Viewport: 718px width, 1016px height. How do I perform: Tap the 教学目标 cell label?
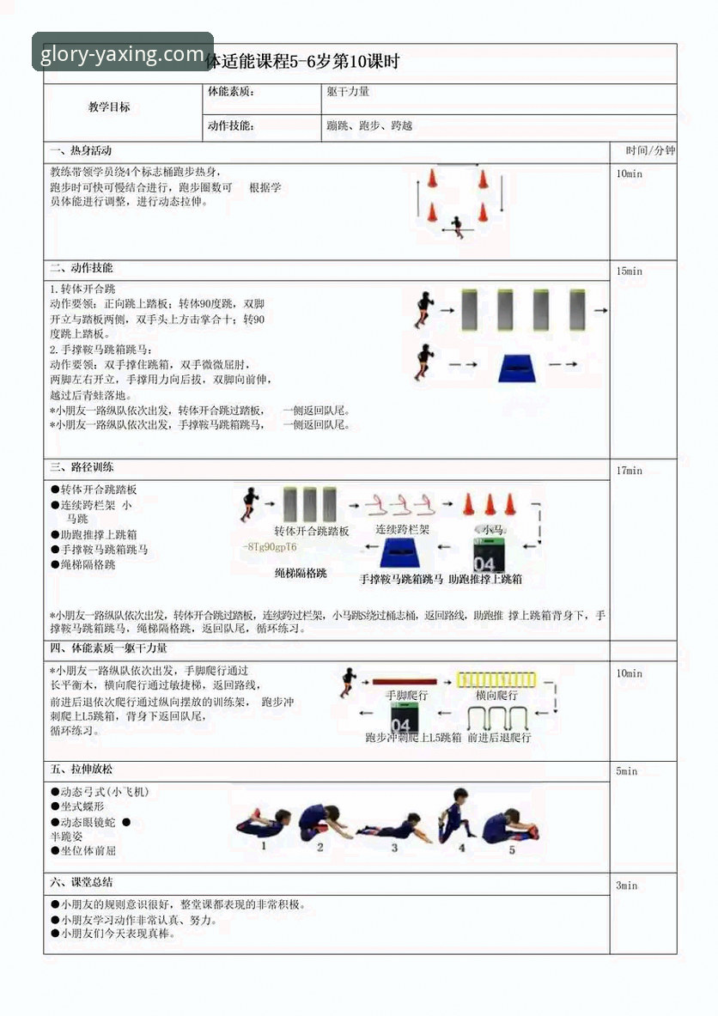109,107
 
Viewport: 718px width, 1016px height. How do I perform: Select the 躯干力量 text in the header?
348,92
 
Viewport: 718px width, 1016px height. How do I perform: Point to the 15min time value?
629,271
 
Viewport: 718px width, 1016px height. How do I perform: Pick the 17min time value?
629,471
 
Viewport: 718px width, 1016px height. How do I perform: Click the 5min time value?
626,771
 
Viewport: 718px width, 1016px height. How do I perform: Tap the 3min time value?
626,885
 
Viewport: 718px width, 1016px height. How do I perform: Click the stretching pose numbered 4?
456,813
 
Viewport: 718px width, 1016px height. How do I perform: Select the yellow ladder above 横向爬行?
496,679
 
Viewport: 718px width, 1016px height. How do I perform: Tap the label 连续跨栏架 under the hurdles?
402,531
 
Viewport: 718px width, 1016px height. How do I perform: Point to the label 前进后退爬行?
499,737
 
